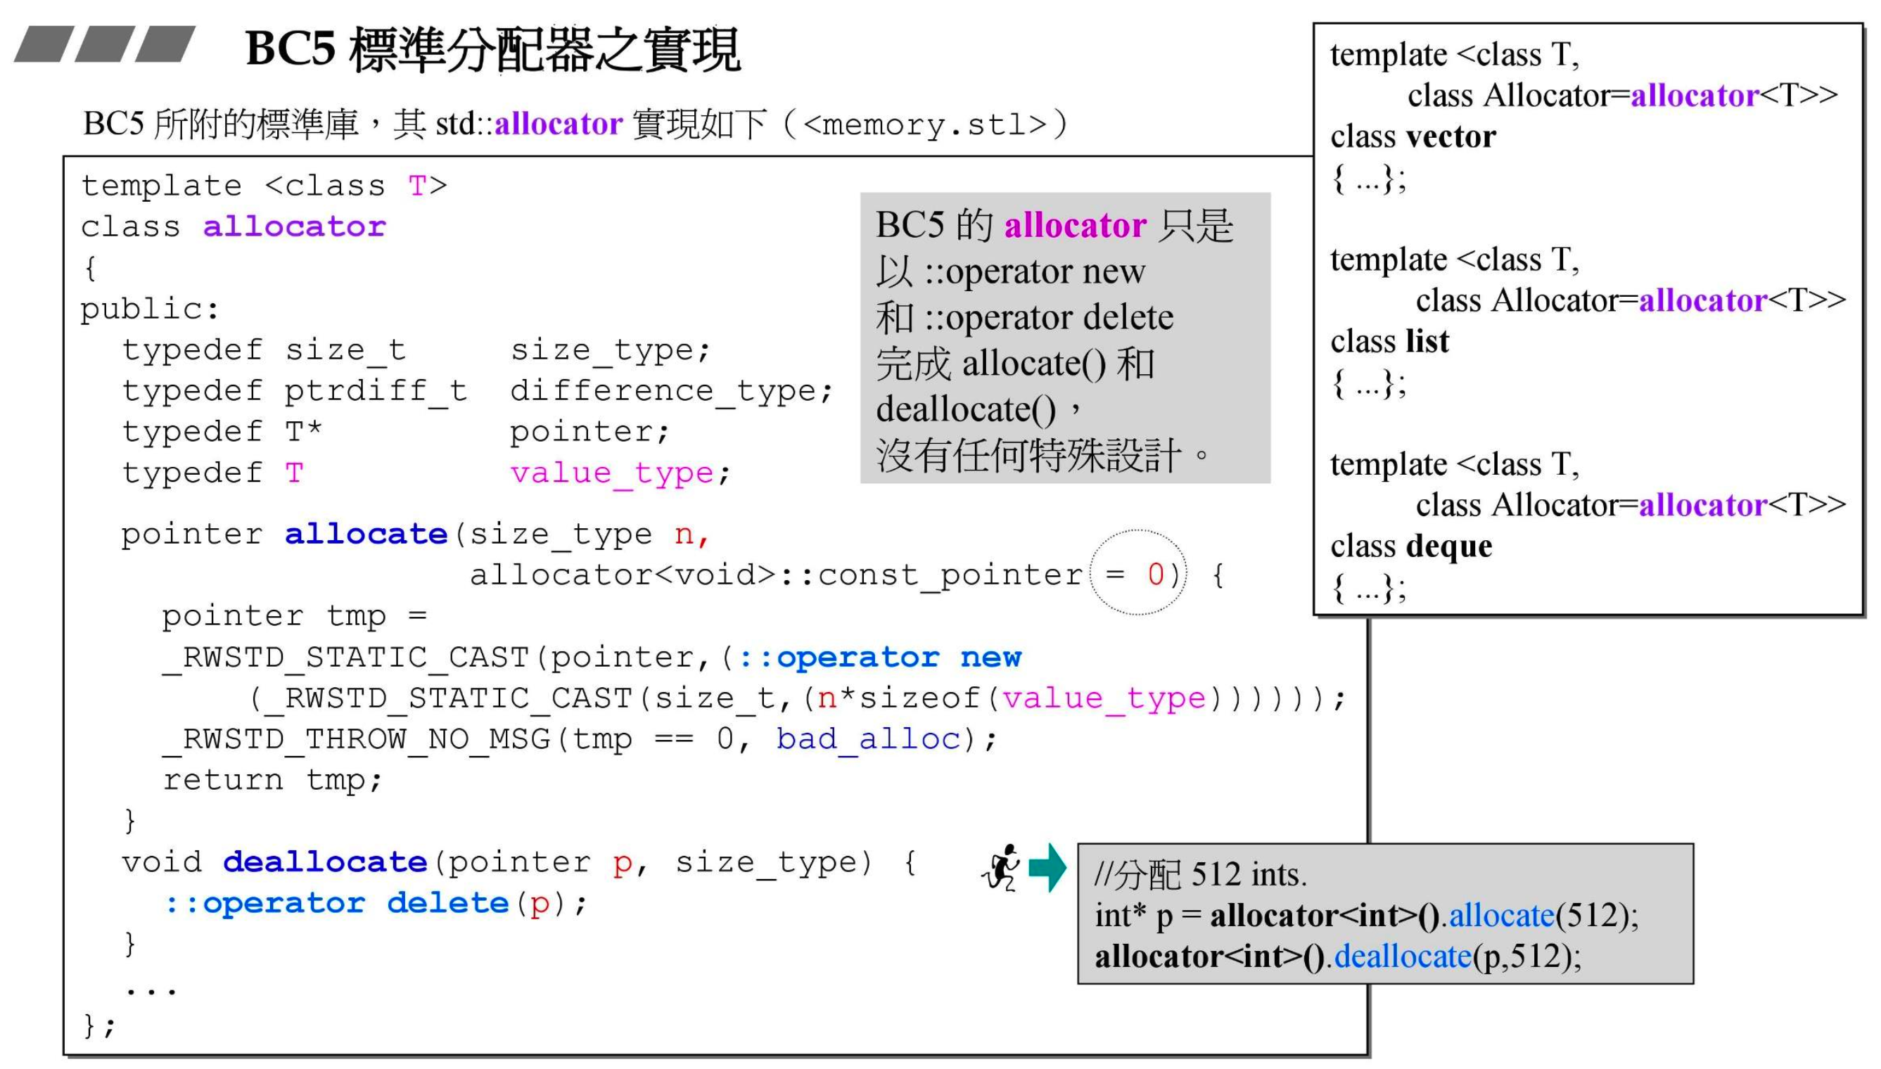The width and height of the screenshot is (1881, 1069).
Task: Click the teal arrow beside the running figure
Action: point(1047,867)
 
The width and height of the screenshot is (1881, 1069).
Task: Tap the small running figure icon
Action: point(1002,867)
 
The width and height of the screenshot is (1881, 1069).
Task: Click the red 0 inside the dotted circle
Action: point(1156,573)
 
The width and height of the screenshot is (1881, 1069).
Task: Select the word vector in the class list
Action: point(1450,136)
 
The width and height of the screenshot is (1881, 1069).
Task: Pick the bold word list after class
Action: point(1427,341)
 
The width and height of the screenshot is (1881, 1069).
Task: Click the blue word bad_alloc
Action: point(869,738)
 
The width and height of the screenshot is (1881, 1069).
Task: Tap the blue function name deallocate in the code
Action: point(324,862)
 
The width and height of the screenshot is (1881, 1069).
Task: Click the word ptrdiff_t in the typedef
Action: point(375,390)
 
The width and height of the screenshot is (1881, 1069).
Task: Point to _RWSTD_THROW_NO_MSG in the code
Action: point(356,738)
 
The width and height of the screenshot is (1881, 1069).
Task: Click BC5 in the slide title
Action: point(290,50)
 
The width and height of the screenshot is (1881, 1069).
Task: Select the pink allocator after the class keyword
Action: point(293,227)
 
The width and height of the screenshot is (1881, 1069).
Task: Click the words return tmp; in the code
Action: point(272,780)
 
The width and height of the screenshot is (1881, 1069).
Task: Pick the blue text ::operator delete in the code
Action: point(337,903)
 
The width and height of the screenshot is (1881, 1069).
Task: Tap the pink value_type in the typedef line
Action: point(611,473)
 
